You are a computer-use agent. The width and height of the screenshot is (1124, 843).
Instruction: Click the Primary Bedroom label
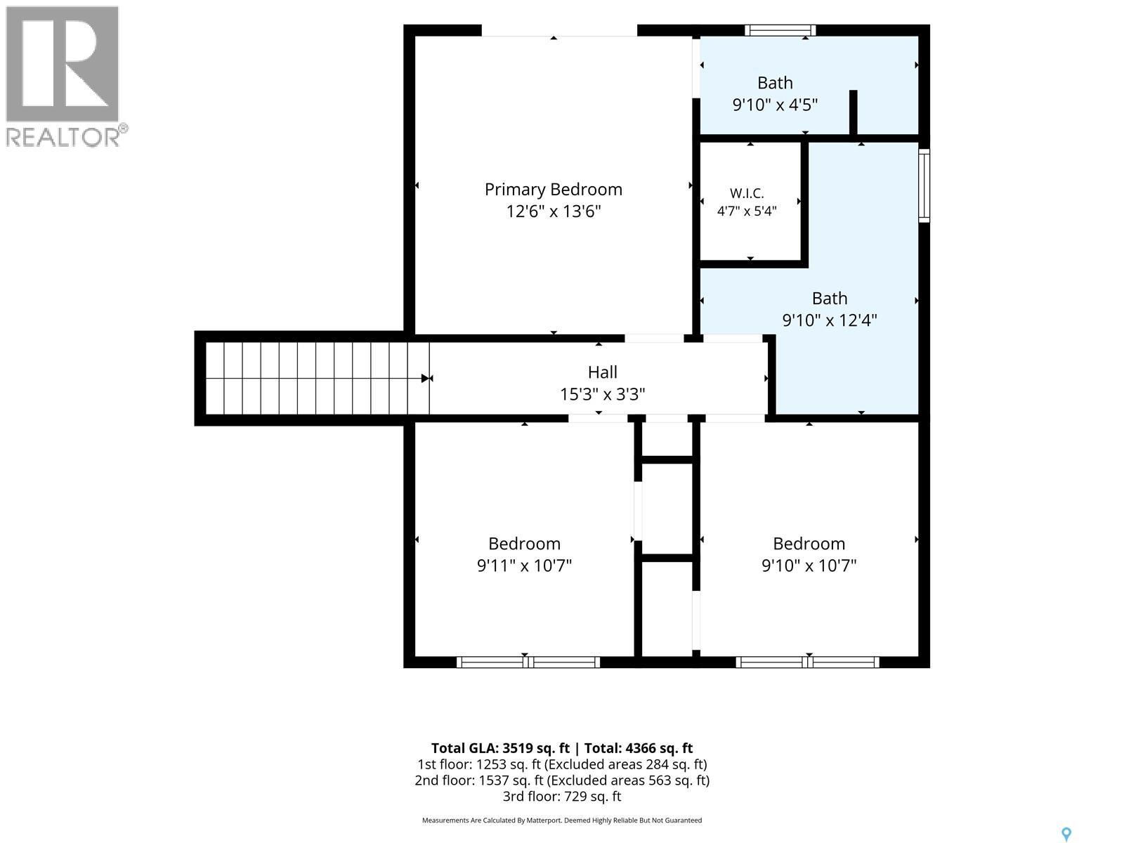553,190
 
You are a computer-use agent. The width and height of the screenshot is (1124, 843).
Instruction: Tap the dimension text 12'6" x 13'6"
553,211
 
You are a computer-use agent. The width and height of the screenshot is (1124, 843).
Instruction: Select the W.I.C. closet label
747,193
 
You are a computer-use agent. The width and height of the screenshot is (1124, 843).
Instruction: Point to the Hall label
602,372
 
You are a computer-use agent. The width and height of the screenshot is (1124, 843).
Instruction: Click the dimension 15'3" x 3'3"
602,395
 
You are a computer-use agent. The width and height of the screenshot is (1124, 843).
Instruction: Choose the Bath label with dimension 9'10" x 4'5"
775,83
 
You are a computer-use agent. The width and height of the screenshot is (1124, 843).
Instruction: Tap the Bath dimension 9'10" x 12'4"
829,320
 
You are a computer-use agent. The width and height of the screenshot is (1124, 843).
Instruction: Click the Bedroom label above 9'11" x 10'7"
524,544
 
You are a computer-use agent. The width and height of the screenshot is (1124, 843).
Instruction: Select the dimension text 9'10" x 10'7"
809,566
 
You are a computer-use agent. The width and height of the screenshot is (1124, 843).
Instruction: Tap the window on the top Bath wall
780,30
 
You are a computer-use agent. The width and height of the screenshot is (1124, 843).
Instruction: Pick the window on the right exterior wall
924,185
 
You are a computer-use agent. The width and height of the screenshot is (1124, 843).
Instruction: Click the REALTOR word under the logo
63,137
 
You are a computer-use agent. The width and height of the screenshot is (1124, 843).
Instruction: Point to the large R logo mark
63,64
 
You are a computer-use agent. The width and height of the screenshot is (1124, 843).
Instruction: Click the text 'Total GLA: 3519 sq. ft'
499,748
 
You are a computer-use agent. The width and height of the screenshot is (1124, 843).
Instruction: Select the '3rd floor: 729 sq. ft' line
562,797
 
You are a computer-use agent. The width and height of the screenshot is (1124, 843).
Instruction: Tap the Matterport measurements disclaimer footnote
562,821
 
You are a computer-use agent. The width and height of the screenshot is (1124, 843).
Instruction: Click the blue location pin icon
1066,835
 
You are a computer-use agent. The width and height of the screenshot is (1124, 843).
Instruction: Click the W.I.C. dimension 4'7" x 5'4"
747,211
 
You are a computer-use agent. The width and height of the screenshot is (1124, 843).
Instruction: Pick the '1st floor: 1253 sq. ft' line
562,765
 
